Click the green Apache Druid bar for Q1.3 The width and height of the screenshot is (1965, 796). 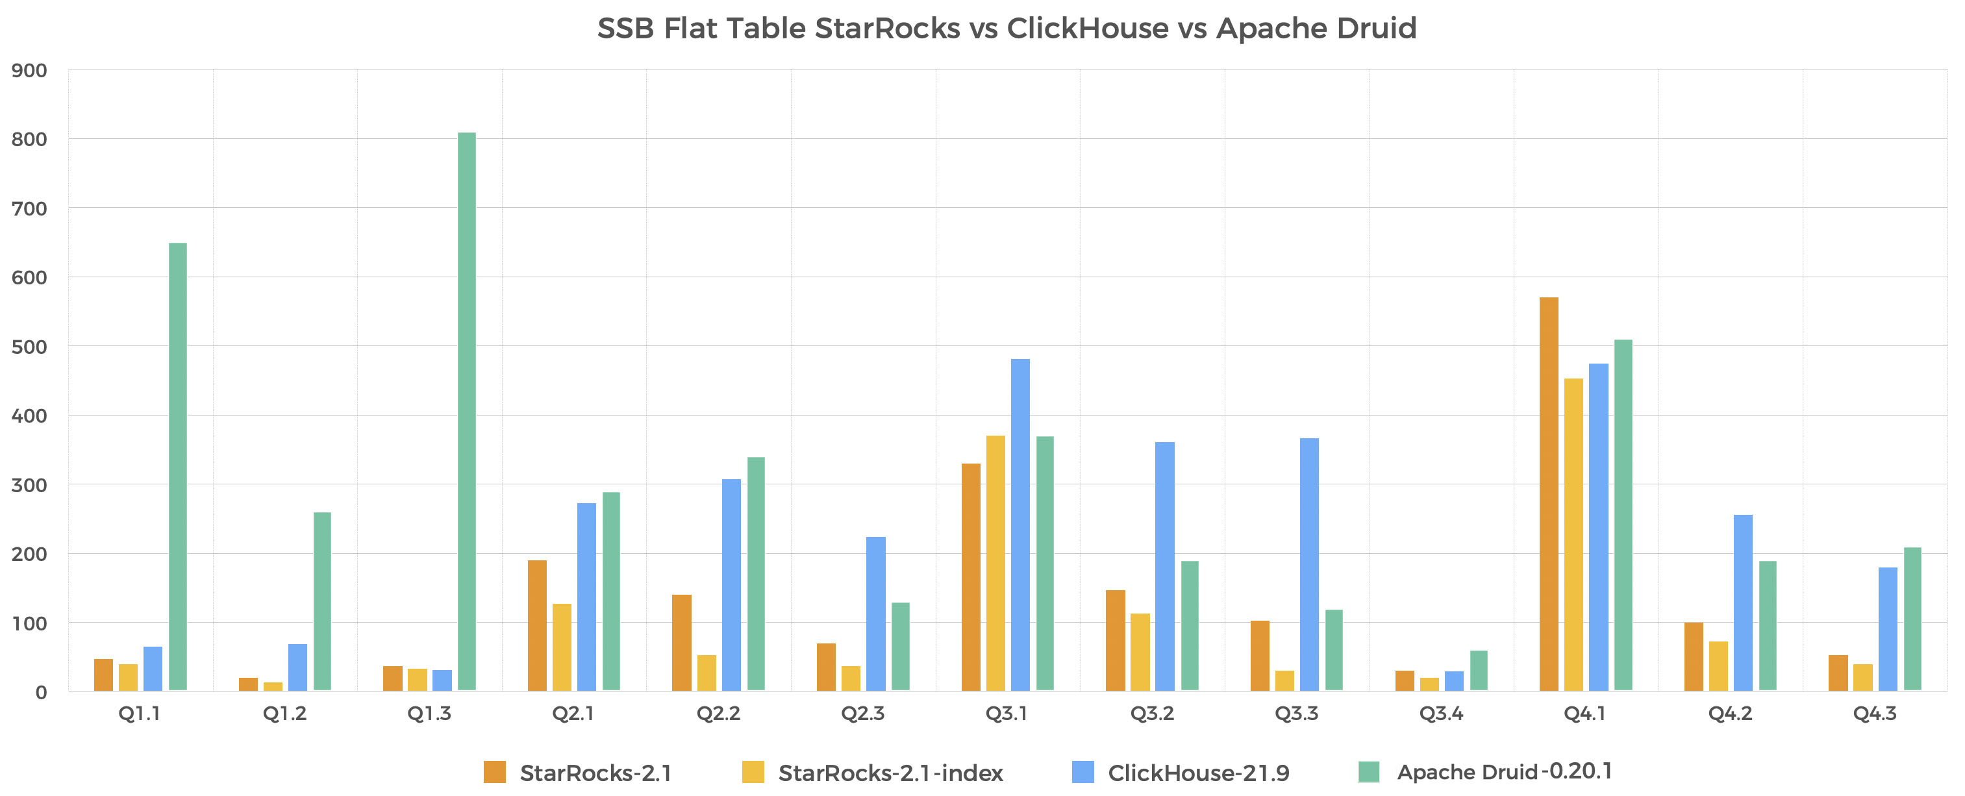466,412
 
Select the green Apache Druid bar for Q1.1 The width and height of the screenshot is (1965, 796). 178,467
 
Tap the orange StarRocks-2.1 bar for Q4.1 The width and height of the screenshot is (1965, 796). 1549,494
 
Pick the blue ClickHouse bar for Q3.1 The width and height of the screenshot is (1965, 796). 1020,525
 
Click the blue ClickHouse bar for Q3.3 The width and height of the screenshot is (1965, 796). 1309,564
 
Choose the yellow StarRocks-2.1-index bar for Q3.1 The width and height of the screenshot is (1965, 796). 995,563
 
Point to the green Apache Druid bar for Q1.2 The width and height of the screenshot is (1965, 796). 322,601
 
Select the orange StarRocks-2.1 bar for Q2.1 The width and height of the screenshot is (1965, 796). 537,625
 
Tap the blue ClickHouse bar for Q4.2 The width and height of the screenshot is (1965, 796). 1743,603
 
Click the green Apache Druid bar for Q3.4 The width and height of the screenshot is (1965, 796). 1479,671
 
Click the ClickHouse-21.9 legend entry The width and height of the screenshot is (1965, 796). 1197,773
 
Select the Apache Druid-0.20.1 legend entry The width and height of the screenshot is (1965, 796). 1503,771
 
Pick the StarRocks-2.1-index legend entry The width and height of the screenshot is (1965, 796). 890,773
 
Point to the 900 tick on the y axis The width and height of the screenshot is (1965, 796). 29,71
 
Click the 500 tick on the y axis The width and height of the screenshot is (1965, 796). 29,347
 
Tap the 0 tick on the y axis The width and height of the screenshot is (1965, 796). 40,693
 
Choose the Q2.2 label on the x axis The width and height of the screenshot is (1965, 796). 718,714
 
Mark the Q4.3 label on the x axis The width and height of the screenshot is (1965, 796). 1874,714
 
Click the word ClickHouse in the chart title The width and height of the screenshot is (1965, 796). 1087,29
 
